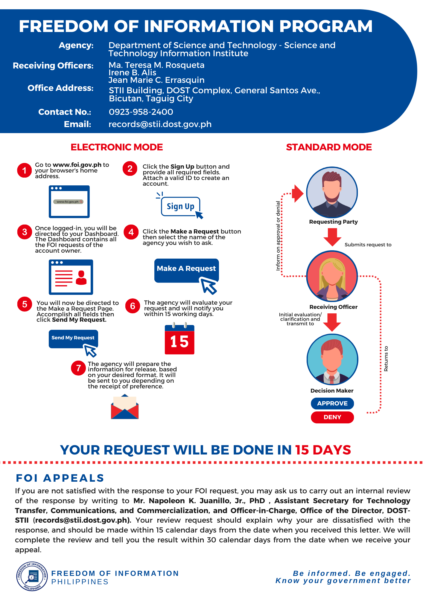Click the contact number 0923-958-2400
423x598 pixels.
click(141, 112)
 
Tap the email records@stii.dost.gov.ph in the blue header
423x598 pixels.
click(160, 124)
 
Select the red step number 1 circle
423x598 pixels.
click(25, 170)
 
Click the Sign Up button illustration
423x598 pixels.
click(181, 206)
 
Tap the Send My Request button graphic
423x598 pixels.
click(73, 339)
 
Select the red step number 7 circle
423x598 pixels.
click(78, 368)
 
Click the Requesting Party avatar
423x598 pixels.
click(332, 192)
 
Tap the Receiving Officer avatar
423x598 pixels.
click(332, 276)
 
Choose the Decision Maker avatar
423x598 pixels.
click(332, 359)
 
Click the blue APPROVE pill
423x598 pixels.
click(332, 403)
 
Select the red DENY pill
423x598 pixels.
click(332, 417)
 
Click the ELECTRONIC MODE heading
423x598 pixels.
click(117, 147)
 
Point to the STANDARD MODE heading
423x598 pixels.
click(329, 147)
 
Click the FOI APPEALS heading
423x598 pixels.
click(60, 478)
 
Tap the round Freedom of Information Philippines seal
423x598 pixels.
click(32, 576)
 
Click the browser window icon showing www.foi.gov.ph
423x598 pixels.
click(69, 202)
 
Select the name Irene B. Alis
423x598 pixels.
click(132, 73)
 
